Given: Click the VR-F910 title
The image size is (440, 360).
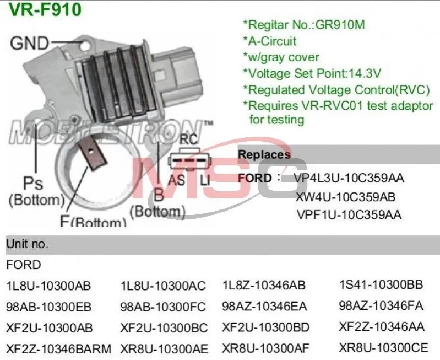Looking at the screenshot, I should pyautogui.click(x=45, y=9).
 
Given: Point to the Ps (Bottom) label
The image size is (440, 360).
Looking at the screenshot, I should pyautogui.click(x=36, y=191).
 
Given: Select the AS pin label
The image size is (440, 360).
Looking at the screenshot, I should pyautogui.click(x=176, y=180).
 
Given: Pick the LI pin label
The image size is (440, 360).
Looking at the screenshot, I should pyautogui.click(x=205, y=180).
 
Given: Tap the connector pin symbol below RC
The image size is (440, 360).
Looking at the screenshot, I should pyautogui.click(x=189, y=161).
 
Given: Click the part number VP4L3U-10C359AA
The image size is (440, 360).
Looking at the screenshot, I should pyautogui.click(x=349, y=178).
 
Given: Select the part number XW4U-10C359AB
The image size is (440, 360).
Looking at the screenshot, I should pyautogui.click(x=345, y=196).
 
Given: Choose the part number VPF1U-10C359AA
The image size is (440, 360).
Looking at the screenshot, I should pyautogui.click(x=349, y=214).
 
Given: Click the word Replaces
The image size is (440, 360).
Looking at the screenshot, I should pyautogui.click(x=264, y=155).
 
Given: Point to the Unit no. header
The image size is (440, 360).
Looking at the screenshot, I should pyautogui.click(x=27, y=244).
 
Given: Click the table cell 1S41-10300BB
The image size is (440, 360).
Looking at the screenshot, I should pyautogui.click(x=381, y=285).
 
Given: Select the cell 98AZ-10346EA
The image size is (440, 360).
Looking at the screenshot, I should pyautogui.click(x=264, y=306).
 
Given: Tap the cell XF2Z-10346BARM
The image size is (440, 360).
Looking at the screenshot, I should pyautogui.click(x=58, y=348).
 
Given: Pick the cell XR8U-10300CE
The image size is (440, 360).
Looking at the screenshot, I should pyautogui.click(x=383, y=348).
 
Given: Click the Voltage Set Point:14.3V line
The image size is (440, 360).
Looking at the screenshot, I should pyautogui.click(x=312, y=73).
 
